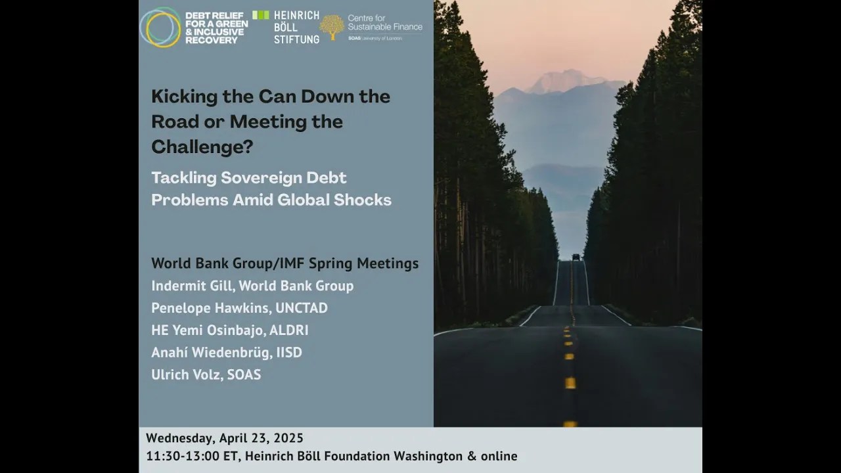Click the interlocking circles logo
pos(160,28)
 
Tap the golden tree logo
pos(332,28)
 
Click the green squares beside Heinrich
pos(261,15)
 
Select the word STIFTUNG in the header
pos(296,39)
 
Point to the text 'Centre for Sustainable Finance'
pos(385,22)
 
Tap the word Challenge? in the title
pos(202,146)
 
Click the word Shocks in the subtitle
pos(362,200)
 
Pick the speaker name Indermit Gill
pos(193,286)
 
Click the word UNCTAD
pos(302,308)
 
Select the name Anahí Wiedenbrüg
pos(212,352)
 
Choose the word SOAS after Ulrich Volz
pos(244,374)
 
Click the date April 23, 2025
pos(261,438)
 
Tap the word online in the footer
pos(499,456)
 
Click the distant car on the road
pos(576,257)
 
